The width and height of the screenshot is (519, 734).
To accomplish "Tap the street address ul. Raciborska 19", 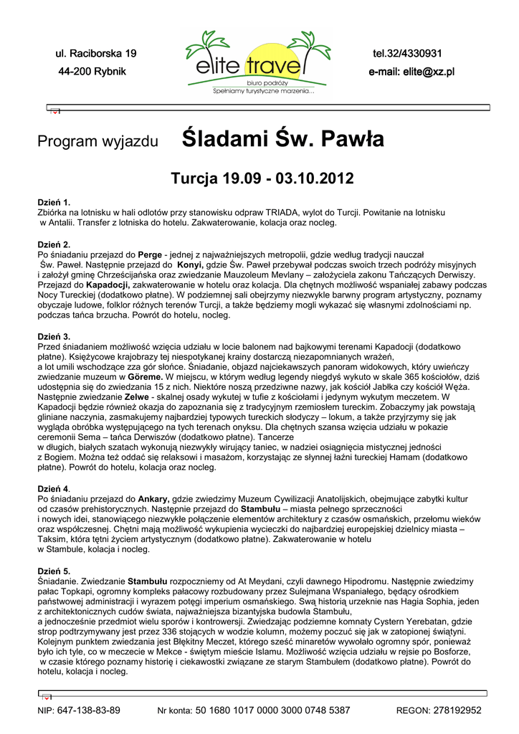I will click(x=96, y=54).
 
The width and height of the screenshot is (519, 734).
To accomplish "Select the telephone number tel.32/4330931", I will click(x=406, y=54).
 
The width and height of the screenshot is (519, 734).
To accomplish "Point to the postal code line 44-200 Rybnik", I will click(x=92, y=72).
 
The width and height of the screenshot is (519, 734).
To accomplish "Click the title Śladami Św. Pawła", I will click(x=283, y=138).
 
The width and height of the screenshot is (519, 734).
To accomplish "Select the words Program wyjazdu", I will click(x=97, y=141).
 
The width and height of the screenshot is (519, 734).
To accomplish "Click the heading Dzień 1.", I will click(x=54, y=203).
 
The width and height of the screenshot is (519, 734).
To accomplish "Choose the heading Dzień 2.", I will click(x=54, y=244).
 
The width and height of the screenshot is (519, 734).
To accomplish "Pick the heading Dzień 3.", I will click(x=54, y=336).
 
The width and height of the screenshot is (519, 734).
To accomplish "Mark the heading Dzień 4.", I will click(x=54, y=488).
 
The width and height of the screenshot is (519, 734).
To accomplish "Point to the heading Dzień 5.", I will click(x=54, y=571).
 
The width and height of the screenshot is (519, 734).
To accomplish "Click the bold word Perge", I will click(x=150, y=254).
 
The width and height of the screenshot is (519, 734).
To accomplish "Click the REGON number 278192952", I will click(x=455, y=710).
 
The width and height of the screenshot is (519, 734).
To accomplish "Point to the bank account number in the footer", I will click(x=272, y=710).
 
